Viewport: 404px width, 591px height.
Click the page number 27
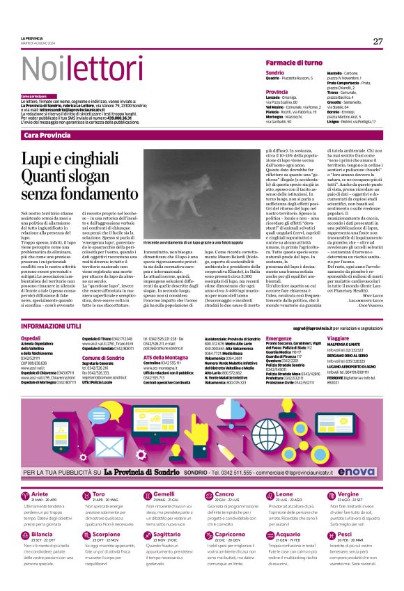(x=378, y=42)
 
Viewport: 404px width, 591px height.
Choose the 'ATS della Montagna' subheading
(x=162, y=356)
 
